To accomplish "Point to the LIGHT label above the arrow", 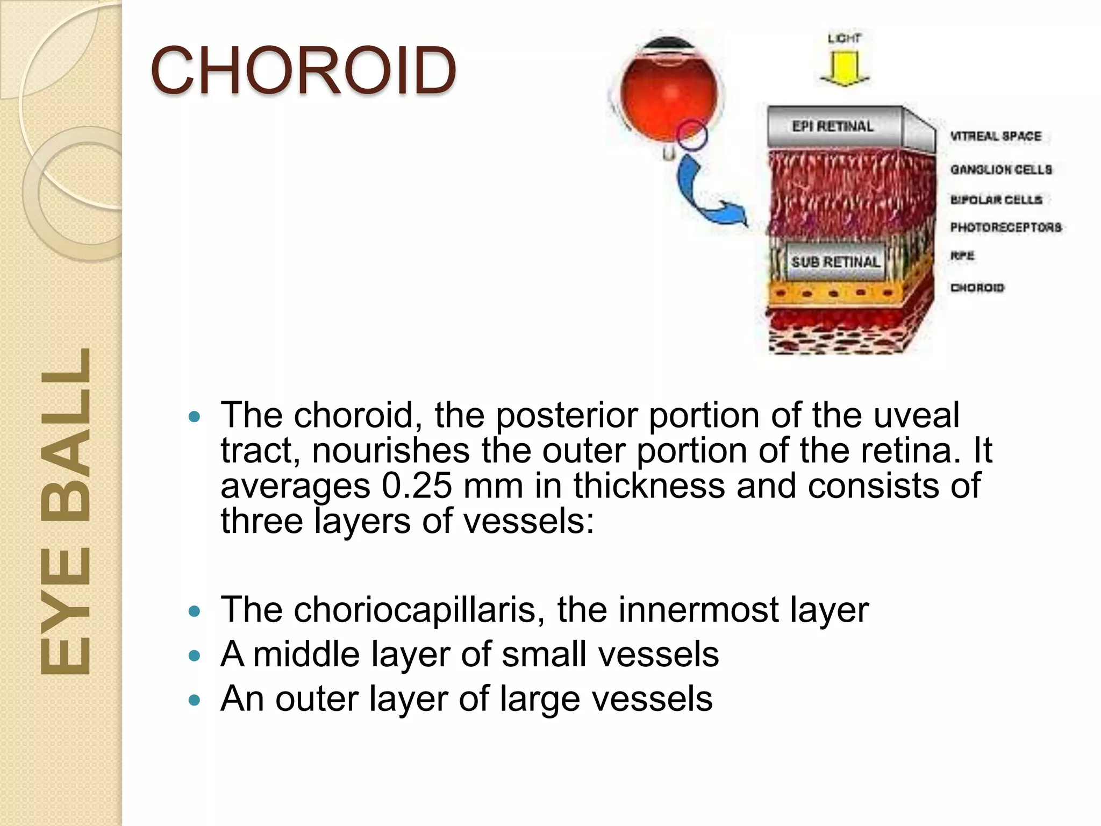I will tap(844, 38).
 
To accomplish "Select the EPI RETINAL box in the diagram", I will tap(833, 126).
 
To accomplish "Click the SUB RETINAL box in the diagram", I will tap(835, 262).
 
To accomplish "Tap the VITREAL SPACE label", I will tap(996, 136).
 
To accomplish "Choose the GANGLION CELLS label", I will tap(1001, 169).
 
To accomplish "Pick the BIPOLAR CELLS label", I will tap(996, 200).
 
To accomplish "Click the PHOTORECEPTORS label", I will tap(1006, 227).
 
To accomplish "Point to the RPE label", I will tap(962, 255).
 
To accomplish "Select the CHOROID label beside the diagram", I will tap(977, 288).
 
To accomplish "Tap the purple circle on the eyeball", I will tap(691, 134).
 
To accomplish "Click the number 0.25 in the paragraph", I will tap(417, 486).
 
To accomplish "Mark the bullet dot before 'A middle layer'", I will tap(195, 656).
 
